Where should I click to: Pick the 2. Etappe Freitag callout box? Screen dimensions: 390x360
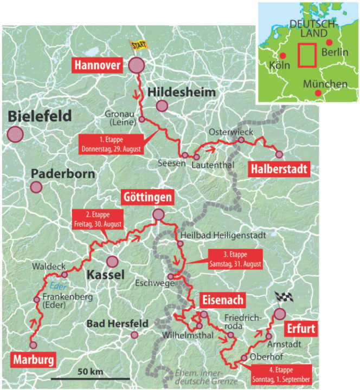[x=98, y=218]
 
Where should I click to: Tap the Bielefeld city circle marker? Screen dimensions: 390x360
[x=16, y=134]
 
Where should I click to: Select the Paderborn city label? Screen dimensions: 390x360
[x=62, y=174]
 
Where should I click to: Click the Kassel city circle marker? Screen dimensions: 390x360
[x=112, y=262]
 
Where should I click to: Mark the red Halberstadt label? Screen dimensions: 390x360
[x=279, y=170]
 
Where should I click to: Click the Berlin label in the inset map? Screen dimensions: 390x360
[x=335, y=53]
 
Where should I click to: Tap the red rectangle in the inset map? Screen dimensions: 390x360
[x=306, y=54]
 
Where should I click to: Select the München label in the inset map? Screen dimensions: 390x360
[x=325, y=84]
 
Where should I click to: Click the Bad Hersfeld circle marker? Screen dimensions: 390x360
[x=134, y=335]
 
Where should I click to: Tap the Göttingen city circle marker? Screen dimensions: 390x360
[x=158, y=215]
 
